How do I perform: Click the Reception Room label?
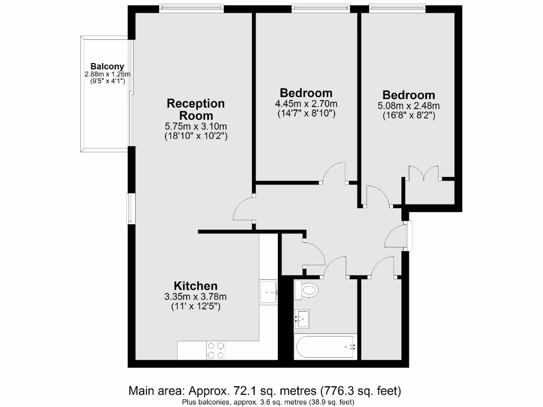click(x=196, y=109)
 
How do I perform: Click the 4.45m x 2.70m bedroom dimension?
click(x=306, y=104)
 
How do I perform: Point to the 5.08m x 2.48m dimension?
click(x=408, y=106)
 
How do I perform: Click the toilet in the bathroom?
click(x=307, y=290)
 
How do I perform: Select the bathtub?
click(x=325, y=347)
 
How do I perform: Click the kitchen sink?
click(x=269, y=291)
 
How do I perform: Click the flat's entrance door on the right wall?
click(x=407, y=236)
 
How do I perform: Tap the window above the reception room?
click(x=191, y=8)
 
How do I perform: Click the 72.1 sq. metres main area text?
click(x=265, y=391)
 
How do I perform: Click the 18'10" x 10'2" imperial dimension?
click(x=196, y=136)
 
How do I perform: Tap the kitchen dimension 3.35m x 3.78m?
click(x=196, y=296)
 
